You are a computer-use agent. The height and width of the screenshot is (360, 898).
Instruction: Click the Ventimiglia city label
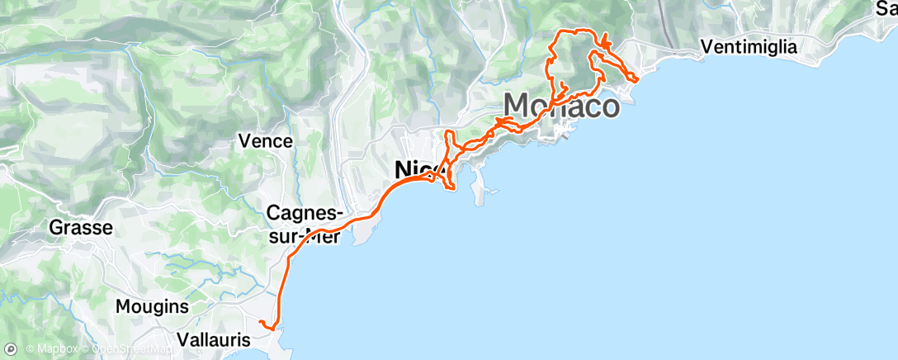coord(749,47)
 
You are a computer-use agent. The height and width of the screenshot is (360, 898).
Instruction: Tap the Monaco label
coord(561,107)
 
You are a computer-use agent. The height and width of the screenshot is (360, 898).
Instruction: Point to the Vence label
coord(265,141)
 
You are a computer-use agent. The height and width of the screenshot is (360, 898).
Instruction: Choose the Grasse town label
coord(81,227)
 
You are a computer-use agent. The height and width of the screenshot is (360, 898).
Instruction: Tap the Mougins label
coord(151,306)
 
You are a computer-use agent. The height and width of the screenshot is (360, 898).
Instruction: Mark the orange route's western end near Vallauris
coord(260,321)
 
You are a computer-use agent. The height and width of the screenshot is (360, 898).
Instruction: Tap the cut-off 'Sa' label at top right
coord(886,10)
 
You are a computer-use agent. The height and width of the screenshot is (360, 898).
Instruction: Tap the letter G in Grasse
coord(56,227)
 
